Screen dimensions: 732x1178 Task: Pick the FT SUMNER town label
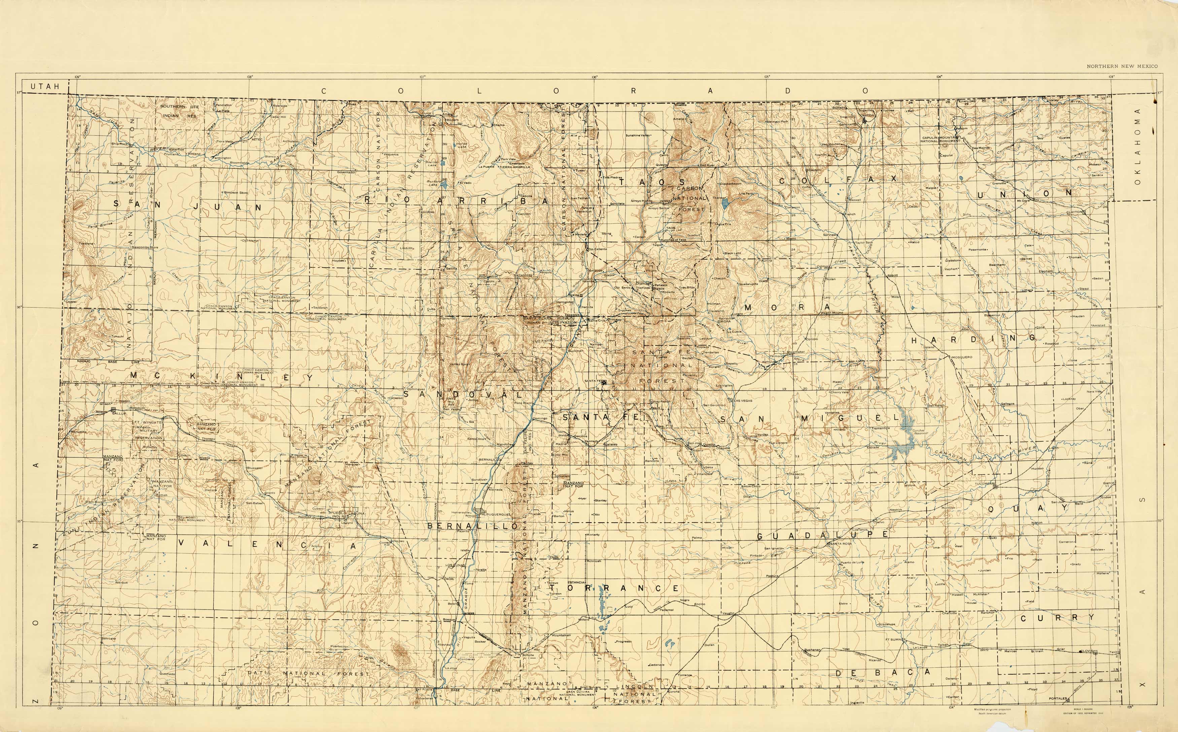click(x=895, y=639)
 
